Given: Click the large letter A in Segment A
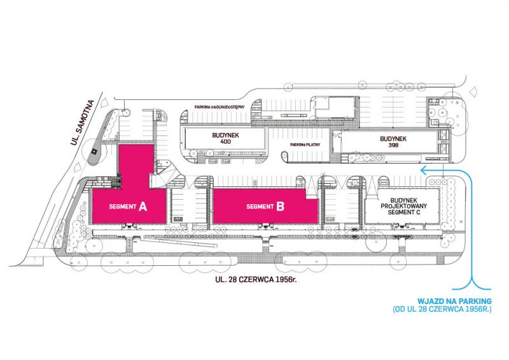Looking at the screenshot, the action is click(143, 206).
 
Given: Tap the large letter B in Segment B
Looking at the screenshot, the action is click(281, 206).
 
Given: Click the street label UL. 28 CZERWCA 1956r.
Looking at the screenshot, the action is click(256, 279).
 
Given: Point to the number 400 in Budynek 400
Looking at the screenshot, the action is click(225, 142).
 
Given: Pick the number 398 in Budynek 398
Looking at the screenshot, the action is click(393, 145).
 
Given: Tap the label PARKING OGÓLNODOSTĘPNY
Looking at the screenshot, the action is click(220, 107).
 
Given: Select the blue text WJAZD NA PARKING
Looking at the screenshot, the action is click(454, 301).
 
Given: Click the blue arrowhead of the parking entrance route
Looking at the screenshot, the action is click(422, 170).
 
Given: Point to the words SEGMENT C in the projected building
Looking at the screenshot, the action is click(404, 212).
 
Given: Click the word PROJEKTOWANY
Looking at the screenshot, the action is click(404, 206).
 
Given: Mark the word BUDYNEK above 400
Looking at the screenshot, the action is click(226, 135).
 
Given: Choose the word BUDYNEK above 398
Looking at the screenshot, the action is click(393, 139).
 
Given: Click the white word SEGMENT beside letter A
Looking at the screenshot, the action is click(123, 207).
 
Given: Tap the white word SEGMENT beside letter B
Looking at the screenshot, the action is click(260, 207).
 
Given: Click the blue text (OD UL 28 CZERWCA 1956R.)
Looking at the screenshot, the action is click(442, 309).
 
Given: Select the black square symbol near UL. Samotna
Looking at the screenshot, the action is click(94, 151).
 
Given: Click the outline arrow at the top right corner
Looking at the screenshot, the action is click(473, 92).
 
